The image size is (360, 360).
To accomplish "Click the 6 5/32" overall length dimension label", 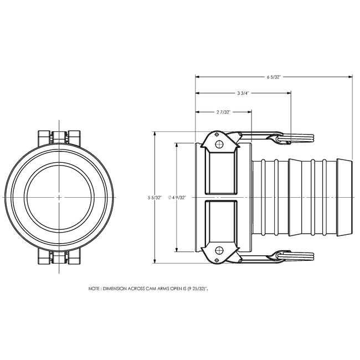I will [x=274, y=78].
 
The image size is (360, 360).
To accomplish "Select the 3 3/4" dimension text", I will [x=242, y=94].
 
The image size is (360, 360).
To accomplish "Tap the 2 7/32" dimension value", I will [x=223, y=112].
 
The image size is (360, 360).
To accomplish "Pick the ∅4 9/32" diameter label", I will [x=177, y=197].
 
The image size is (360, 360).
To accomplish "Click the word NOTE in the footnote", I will [x=94, y=289].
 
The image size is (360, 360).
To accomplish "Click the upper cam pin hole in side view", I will [x=219, y=145].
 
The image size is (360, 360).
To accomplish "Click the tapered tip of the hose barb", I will [x=346, y=197].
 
